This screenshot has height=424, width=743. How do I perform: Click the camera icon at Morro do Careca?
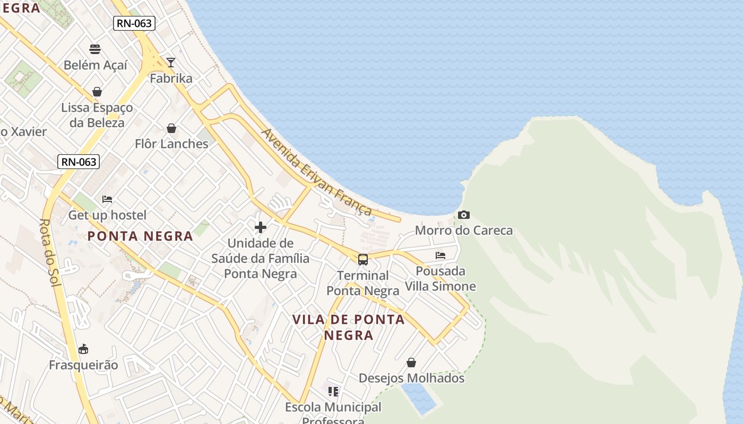(x=464, y=215)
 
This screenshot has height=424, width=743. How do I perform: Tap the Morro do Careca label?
(x=464, y=231)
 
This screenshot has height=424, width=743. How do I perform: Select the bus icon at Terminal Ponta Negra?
(x=363, y=260)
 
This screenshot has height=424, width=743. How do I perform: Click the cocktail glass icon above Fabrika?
(x=170, y=62)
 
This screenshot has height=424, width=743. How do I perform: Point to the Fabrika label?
(x=171, y=78)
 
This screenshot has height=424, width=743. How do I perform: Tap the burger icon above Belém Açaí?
(x=95, y=49)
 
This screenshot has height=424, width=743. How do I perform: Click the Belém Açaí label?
(x=96, y=65)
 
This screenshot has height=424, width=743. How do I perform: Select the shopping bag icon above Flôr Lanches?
(x=171, y=128)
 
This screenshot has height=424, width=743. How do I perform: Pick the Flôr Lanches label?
(x=171, y=144)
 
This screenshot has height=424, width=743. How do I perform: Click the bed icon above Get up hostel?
(x=107, y=199)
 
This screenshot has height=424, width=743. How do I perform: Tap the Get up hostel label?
(x=107, y=215)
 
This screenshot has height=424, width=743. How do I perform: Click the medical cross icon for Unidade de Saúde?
(x=261, y=227)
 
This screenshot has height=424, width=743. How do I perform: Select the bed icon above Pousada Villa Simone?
(x=440, y=255)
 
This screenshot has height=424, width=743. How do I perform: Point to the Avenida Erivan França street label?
(x=317, y=172)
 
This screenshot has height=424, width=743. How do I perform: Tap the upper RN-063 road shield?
(x=134, y=23)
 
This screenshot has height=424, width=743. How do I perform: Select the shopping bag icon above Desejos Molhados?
(x=411, y=363)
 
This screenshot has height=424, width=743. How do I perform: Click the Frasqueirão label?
(x=83, y=365)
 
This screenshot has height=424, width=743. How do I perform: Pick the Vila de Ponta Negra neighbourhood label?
(x=349, y=327)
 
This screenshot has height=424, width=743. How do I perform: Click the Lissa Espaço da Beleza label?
(x=97, y=115)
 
